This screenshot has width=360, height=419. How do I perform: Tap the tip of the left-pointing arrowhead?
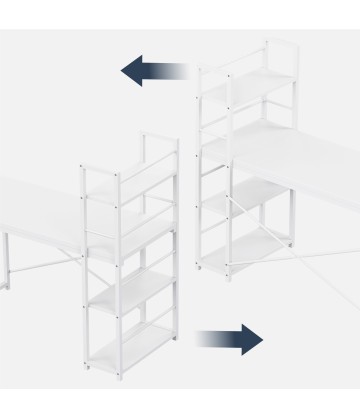(x=122, y=70)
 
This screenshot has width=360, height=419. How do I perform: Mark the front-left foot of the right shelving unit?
(x=207, y=272)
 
